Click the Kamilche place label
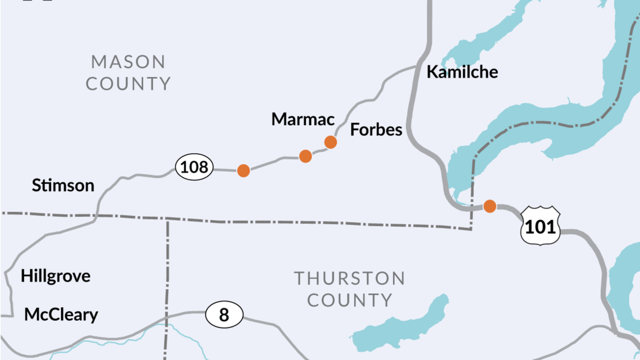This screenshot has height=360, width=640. (462, 72)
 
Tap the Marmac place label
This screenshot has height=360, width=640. (303, 119)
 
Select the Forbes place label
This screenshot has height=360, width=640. (376, 130)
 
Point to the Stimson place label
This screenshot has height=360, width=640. (63, 185)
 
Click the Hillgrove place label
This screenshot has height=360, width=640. (56, 276)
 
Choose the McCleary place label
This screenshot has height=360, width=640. (61, 315)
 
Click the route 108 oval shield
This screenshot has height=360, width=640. (194, 167)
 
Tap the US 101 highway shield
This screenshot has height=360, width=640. (540, 226)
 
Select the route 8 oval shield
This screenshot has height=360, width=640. (224, 315)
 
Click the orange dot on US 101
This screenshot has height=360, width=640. (490, 206)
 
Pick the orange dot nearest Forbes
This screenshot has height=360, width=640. (331, 142)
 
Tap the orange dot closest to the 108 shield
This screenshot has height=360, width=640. (243, 170)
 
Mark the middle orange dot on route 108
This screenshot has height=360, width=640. (305, 156)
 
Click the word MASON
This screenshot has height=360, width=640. (128, 61)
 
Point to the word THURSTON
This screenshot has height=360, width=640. (349, 278)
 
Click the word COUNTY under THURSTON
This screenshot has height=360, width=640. (349, 300)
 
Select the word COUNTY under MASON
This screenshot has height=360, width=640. (128, 84)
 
